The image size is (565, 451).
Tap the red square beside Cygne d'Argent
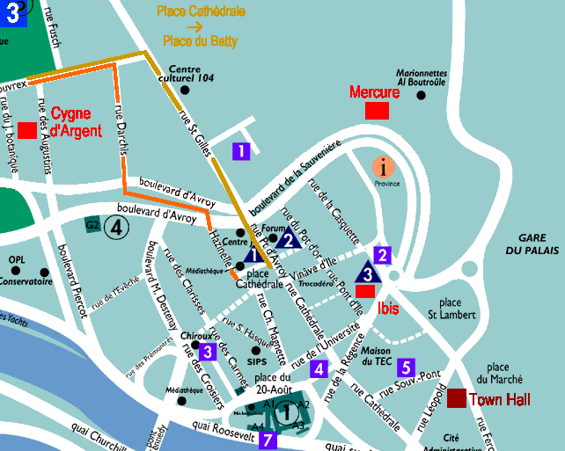(26, 130)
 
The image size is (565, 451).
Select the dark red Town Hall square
(457, 398)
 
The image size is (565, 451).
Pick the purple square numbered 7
(268, 439)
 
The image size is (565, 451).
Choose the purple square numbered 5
(406, 367)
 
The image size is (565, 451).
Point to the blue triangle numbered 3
(369, 273)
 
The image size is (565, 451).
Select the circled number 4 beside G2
(117, 228)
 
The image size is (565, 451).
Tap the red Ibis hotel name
(388, 309)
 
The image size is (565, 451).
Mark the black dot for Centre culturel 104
(186, 88)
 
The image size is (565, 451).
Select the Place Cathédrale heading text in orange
(201, 11)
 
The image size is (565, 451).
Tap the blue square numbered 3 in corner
(14, 13)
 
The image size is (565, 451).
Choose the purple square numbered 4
(319, 368)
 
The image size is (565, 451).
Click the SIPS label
(257, 360)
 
